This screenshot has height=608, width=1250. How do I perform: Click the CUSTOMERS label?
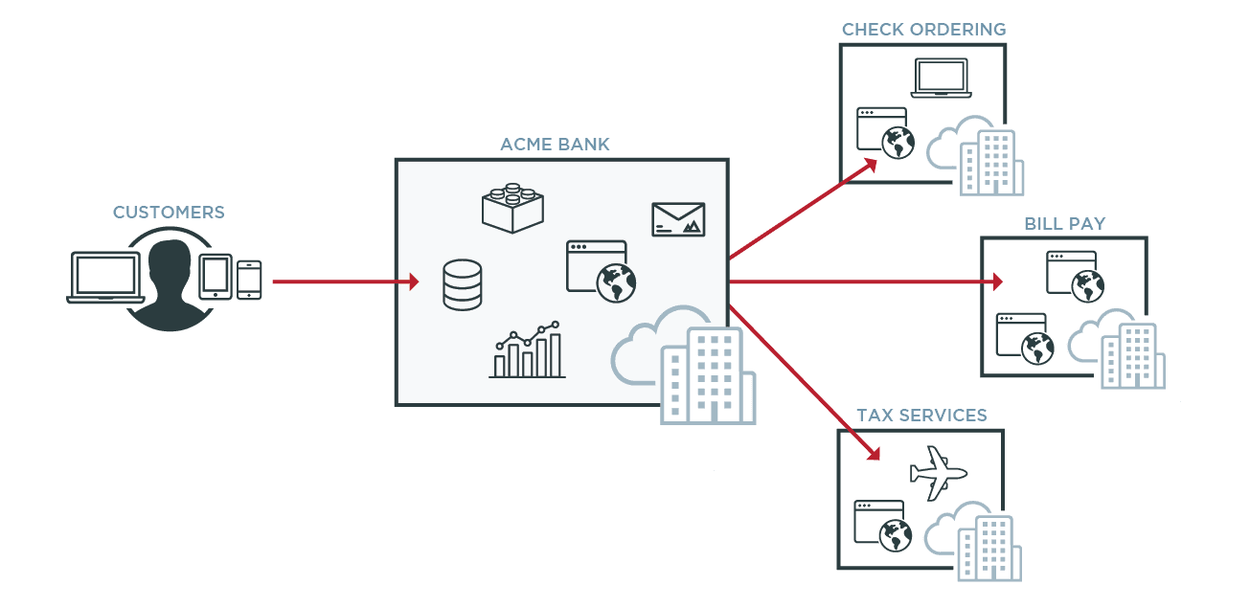point(169,213)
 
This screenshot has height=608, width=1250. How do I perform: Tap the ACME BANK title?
point(555,146)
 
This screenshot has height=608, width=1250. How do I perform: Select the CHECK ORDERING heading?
point(923,30)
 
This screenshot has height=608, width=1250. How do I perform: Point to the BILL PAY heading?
point(1064,224)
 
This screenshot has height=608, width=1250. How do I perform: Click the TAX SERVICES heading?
point(920,416)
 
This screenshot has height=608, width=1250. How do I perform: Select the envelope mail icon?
point(678,219)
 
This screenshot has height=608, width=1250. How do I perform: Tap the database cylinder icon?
point(463,284)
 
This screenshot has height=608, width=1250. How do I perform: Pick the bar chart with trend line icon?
point(527,350)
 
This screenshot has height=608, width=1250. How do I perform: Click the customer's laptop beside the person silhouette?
point(105,278)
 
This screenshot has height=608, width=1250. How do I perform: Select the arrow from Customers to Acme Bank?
point(345,281)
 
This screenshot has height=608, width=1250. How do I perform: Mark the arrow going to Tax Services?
point(805,383)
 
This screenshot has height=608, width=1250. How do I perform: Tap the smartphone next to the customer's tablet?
point(249,280)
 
